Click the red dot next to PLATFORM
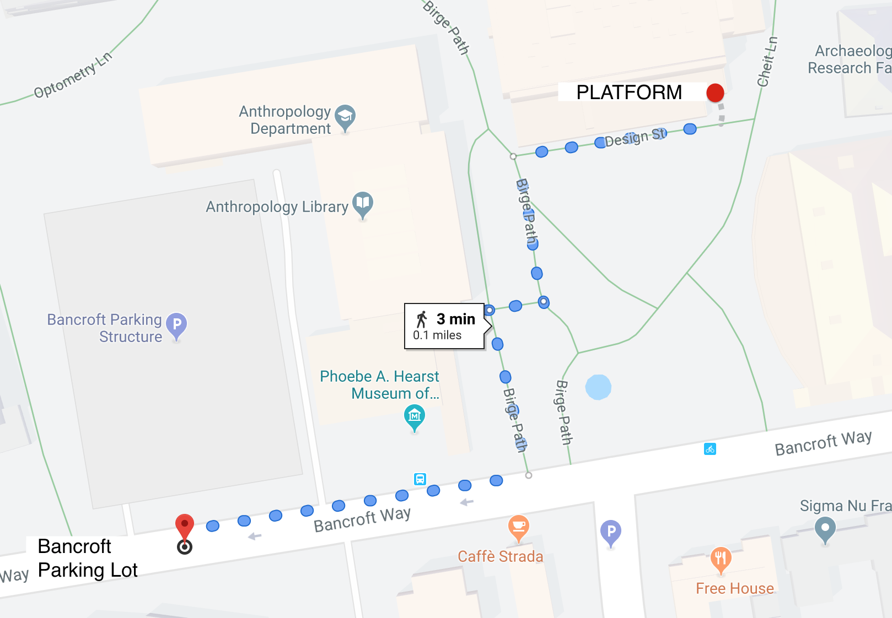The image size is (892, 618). (715, 93)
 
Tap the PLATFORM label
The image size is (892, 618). (629, 93)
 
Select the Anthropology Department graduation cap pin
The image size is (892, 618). (345, 117)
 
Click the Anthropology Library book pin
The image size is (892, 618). (362, 204)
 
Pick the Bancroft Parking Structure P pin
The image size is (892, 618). (176, 325)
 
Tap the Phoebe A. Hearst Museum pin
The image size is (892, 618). (415, 416)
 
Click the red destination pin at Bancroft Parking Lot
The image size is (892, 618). (185, 527)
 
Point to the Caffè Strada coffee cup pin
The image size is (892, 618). (518, 527)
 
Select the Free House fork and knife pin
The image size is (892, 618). (721, 559)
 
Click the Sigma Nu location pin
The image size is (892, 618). (825, 530)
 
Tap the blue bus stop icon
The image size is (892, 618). (420, 479)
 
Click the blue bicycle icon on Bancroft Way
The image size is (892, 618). (710, 449)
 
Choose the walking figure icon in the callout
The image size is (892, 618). (422, 319)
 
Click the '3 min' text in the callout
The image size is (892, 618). (456, 319)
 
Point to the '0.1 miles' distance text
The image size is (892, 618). (437, 335)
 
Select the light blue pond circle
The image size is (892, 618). (598, 387)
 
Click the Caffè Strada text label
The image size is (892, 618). (500, 556)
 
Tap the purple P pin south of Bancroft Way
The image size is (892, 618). (611, 533)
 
